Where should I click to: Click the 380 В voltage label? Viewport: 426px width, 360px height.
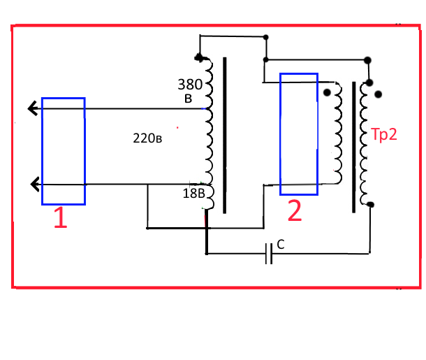click(x=190, y=91)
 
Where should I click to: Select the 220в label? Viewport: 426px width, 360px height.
click(x=148, y=138)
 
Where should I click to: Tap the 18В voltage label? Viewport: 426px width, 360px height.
click(x=193, y=193)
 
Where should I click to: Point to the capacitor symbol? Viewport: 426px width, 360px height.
click(x=269, y=253)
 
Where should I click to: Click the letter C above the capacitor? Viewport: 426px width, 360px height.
click(x=280, y=244)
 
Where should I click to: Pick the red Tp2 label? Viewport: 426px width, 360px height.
click(x=383, y=135)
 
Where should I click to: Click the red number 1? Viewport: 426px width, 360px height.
click(x=61, y=219)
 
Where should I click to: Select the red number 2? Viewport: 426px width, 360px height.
click(x=295, y=211)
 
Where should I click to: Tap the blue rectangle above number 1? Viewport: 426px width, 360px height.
click(x=64, y=151)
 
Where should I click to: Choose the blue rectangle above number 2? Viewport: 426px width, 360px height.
click(x=299, y=134)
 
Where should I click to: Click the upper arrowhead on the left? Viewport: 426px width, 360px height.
click(x=32, y=108)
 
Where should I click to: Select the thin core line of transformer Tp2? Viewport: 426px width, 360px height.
click(x=353, y=147)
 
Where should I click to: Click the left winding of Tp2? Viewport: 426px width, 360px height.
click(x=338, y=133)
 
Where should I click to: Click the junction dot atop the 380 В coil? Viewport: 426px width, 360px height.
click(x=199, y=57)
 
